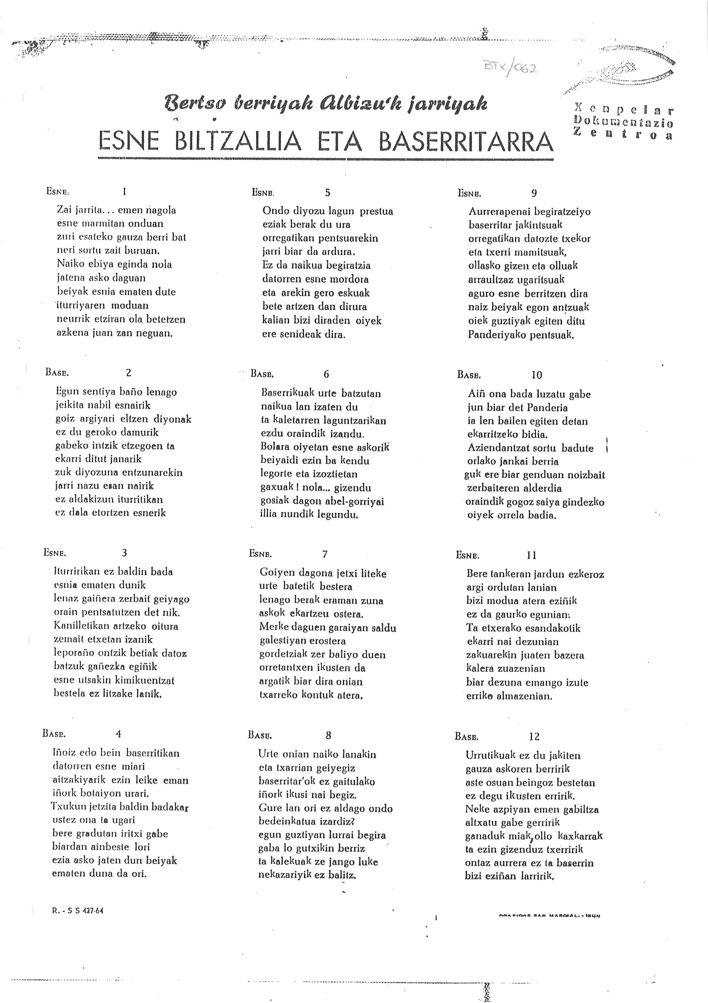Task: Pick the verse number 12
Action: (534, 737)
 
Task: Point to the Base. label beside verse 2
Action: (57, 373)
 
